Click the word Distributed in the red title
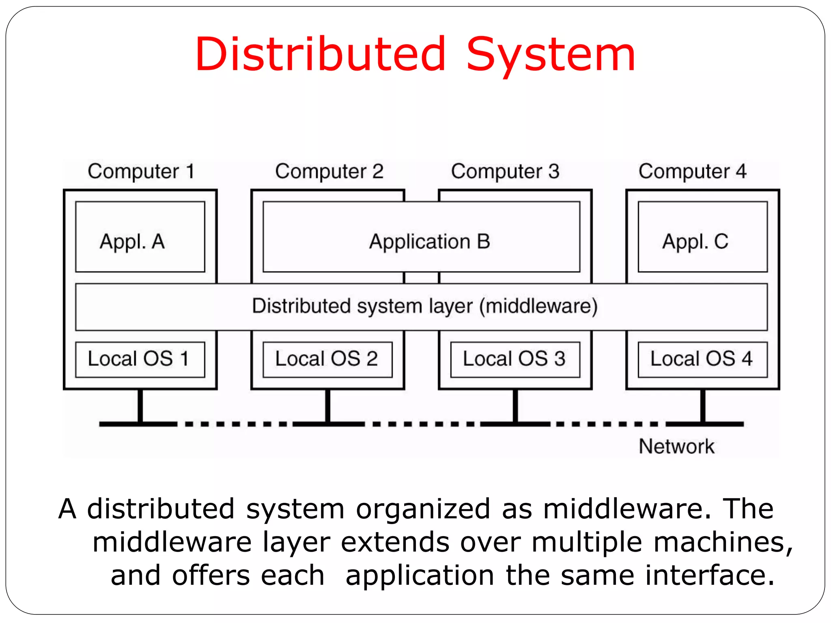[x=321, y=55]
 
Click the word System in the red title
[x=551, y=55]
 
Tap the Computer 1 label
[x=141, y=171]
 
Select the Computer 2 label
[x=329, y=171]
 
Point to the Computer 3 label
[x=505, y=171]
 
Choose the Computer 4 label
[x=692, y=171]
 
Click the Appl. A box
[x=140, y=237]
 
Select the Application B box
[x=421, y=237]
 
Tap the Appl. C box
[x=702, y=237]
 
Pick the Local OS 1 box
[x=140, y=359]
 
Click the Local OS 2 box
[x=327, y=359]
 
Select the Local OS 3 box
[x=515, y=359]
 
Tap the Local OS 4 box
[x=702, y=359]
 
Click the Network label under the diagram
[x=676, y=446]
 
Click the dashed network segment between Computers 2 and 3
[x=422, y=424]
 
